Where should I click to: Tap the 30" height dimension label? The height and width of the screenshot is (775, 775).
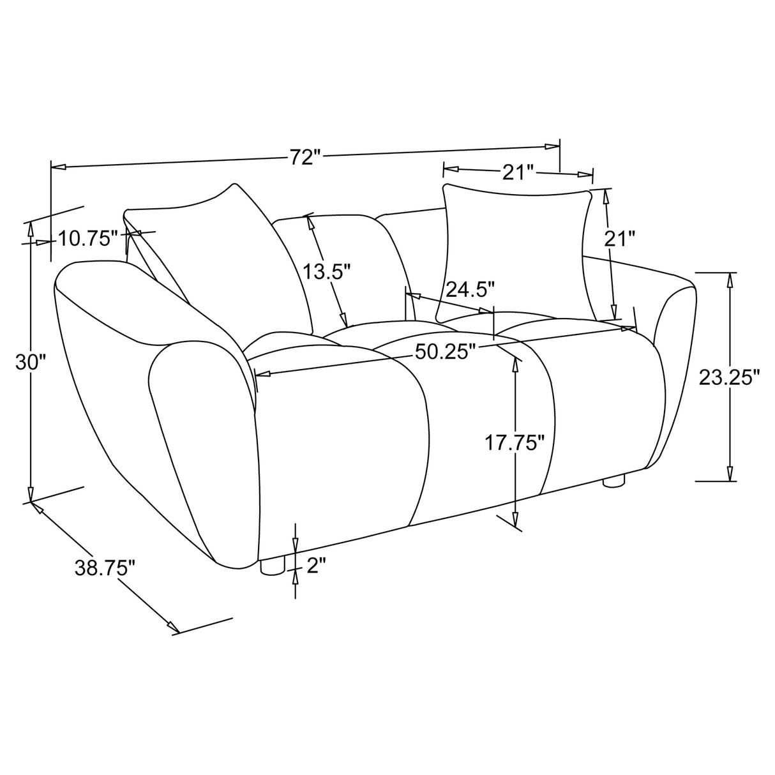click(x=31, y=363)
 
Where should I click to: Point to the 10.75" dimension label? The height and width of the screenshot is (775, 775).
click(x=88, y=239)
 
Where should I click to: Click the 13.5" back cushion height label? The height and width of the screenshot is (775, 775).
click(x=327, y=272)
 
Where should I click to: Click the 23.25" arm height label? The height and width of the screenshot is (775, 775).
click(x=729, y=377)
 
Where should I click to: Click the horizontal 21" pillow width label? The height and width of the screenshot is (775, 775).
click(x=518, y=171)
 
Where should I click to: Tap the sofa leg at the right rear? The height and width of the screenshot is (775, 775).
click(x=613, y=481)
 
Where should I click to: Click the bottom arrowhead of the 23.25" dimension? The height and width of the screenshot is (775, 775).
click(x=730, y=473)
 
